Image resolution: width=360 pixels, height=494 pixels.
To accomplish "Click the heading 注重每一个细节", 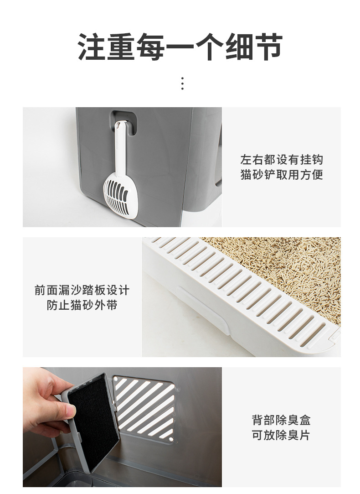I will click(x=180, y=47).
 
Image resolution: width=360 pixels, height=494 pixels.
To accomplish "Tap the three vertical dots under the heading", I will click(x=182, y=83).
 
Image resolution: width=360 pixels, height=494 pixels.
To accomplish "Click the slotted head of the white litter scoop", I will click(x=120, y=195).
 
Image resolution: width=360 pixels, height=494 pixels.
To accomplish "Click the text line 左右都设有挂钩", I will click(x=281, y=160).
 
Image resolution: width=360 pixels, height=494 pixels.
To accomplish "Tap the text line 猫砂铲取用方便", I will click(x=281, y=175).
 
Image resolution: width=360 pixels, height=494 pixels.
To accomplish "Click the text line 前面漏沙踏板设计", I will click(x=82, y=290).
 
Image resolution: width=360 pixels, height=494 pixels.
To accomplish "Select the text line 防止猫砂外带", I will click(x=82, y=305).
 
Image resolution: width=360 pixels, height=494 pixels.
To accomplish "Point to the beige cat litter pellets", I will click(x=292, y=265).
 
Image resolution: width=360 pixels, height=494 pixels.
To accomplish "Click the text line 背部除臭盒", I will click(x=281, y=420).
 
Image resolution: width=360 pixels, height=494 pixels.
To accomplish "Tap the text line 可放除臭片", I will click(x=281, y=435).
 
